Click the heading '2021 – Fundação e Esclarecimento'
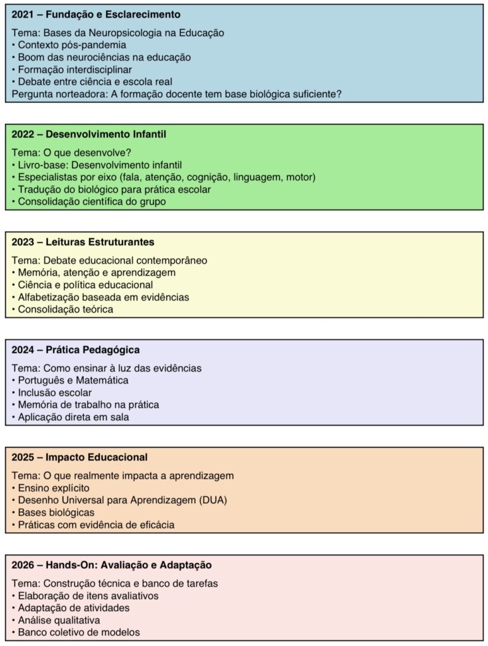tap(96, 14)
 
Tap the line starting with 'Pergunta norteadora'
tap(177, 94)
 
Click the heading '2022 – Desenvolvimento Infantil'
tap(89, 134)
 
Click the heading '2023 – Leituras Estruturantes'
tap(83, 242)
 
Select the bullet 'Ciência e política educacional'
tap(85, 285)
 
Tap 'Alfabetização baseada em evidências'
tap(103, 297)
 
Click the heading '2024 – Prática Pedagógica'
tap(76, 349)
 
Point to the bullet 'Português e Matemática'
tap(73, 380)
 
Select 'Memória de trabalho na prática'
tap(88, 405)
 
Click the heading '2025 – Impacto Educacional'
tap(80, 457)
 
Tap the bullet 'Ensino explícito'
tap(54, 488)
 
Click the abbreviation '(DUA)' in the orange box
tap(213, 500)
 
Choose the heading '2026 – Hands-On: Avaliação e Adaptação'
tap(112, 565)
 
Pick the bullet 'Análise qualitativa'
tap(59, 620)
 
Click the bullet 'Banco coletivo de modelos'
tap(78, 632)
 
